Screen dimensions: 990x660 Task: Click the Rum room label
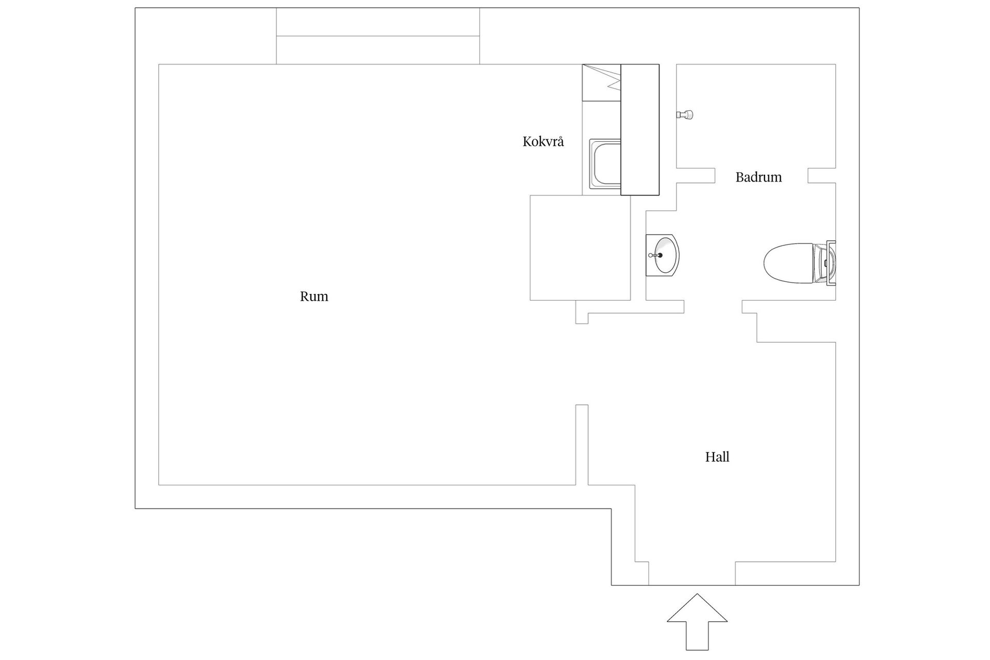pos(314,296)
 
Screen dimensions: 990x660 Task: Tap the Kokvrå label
pos(543,141)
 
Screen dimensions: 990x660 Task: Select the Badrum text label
pos(758,177)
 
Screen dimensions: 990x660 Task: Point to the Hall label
pos(717,457)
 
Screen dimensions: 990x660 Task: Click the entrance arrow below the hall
pos(697,621)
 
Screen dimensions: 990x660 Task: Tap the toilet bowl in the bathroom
pos(788,263)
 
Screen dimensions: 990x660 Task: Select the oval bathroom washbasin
pos(663,255)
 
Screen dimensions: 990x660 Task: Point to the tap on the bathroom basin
pos(655,255)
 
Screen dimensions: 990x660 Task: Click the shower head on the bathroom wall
pos(685,114)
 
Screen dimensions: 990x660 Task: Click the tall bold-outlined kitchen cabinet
pos(640,129)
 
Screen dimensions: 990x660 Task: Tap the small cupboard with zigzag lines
pos(602,82)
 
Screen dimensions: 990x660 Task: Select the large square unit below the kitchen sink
pos(580,247)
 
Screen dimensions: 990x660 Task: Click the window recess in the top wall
pos(378,36)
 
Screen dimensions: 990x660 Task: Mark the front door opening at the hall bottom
pos(692,573)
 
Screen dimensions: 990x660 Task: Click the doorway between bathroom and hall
pos(713,307)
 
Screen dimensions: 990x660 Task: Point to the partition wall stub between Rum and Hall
pos(582,445)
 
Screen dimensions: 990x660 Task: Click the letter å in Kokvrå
pos(560,141)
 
